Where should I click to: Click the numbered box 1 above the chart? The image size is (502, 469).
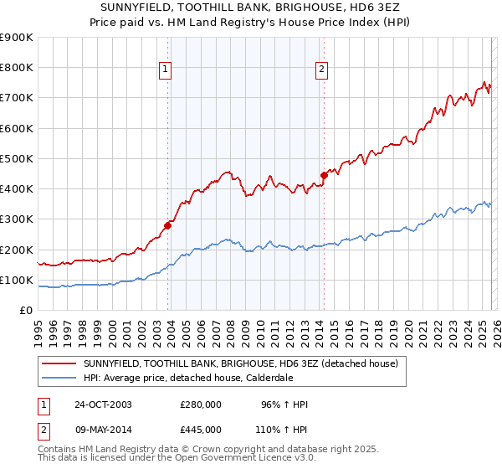tap(166, 70)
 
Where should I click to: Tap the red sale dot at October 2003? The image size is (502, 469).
tap(168, 224)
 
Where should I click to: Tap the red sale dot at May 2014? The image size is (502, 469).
tap(324, 175)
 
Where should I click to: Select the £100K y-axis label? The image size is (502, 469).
tap(17, 281)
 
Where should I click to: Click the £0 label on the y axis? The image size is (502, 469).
tap(26, 311)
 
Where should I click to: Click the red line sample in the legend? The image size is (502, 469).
tap(59, 363)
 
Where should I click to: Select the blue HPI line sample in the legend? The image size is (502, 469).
tap(59, 378)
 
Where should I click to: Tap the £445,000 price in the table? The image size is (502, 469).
tap(201, 429)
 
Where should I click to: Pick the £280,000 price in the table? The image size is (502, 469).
tap(201, 405)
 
